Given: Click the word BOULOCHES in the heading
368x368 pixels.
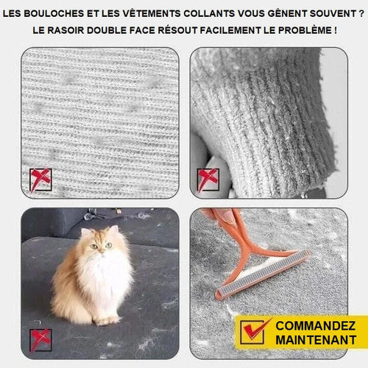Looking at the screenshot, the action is pyautogui.click(x=54, y=14).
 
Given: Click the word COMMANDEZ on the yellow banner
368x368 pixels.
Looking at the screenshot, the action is pyautogui.click(x=316, y=326).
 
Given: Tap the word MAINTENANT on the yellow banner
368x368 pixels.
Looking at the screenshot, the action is pyautogui.click(x=316, y=340).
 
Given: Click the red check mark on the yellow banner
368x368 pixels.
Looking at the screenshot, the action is pyautogui.click(x=255, y=329).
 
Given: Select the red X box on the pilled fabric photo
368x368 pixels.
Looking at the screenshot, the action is pyautogui.click(x=40, y=180).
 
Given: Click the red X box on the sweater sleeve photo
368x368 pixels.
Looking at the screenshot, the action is pyautogui.click(x=208, y=180).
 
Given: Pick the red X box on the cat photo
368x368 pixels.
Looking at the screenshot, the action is pyautogui.click(x=40, y=340).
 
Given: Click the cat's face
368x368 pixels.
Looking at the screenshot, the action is pyautogui.click(x=101, y=245).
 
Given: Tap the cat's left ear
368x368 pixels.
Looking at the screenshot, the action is pyautogui.click(x=85, y=232).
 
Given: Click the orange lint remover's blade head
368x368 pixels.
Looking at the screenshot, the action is pyautogui.click(x=263, y=274).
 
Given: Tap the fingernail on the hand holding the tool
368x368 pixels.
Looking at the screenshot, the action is pyautogui.click(x=228, y=216).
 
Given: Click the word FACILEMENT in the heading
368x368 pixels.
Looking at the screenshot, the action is pyautogui.click(x=230, y=30).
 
